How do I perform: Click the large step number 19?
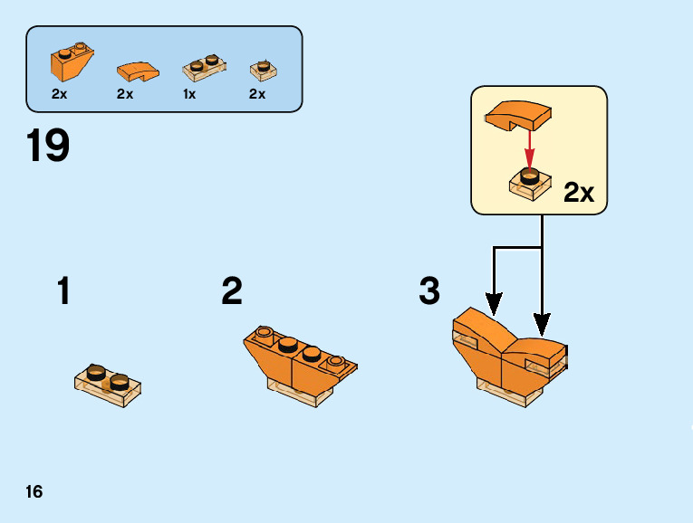tap(48, 147)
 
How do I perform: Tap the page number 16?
tap(34, 492)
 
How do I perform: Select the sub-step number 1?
tap(63, 292)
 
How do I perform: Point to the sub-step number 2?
tap(232, 292)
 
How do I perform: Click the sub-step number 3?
tap(429, 292)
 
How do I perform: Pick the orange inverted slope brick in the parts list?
tap(70, 62)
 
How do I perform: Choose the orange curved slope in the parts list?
tap(138, 69)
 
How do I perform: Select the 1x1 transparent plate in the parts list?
tap(263, 68)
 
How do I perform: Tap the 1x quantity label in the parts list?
tap(189, 94)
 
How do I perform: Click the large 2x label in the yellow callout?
tap(578, 193)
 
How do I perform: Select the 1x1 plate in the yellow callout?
tap(530, 183)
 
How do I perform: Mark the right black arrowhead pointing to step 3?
tap(542, 321)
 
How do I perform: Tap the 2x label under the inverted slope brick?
tap(60, 94)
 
